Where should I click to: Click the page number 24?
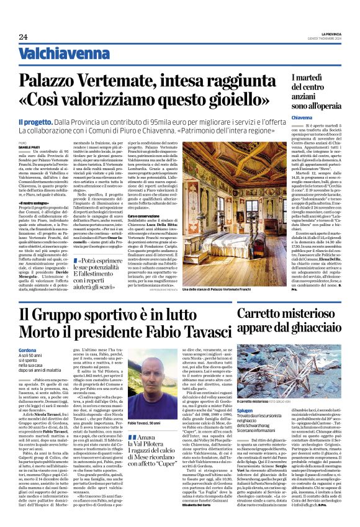(23, 37)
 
